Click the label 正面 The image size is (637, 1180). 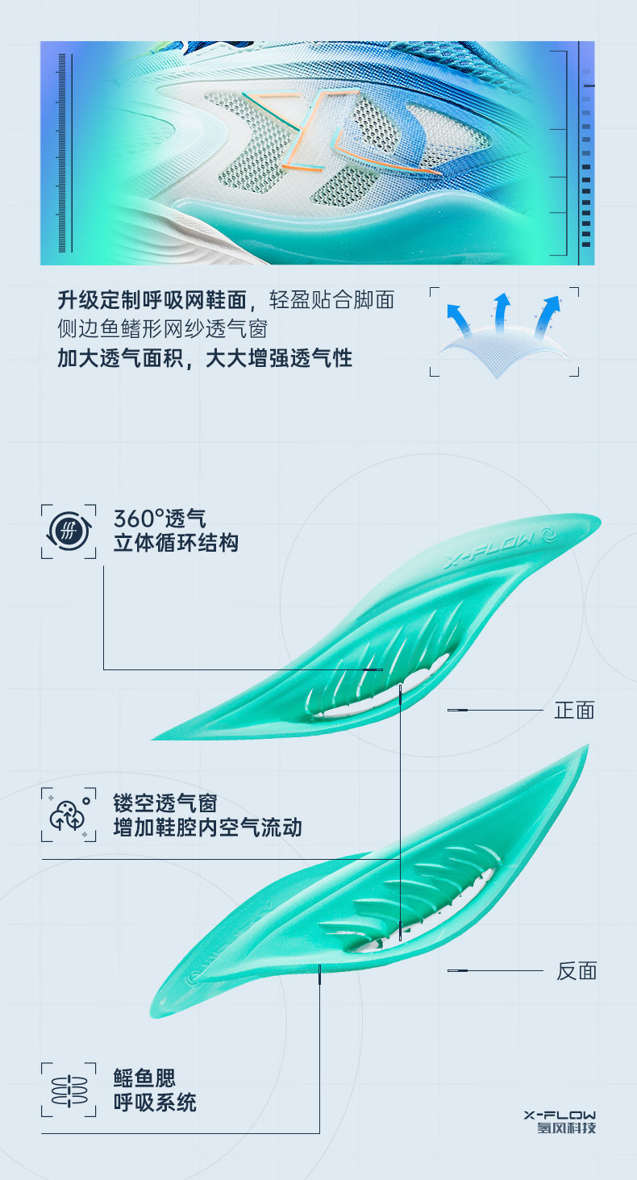pos(574,710)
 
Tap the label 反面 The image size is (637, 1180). pos(577,970)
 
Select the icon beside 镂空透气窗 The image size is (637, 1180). pos(68,815)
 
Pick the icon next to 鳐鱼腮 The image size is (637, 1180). pos(68,1090)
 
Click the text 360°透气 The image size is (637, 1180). pos(160,518)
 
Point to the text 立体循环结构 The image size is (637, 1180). pos(176,543)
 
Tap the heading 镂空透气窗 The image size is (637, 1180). pos(165,803)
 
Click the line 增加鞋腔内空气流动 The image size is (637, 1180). pos(207,828)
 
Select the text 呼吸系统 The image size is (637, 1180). pos(155,1103)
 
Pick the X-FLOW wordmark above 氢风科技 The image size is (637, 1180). pos(560,1114)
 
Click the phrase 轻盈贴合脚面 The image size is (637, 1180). pos(331,301)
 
